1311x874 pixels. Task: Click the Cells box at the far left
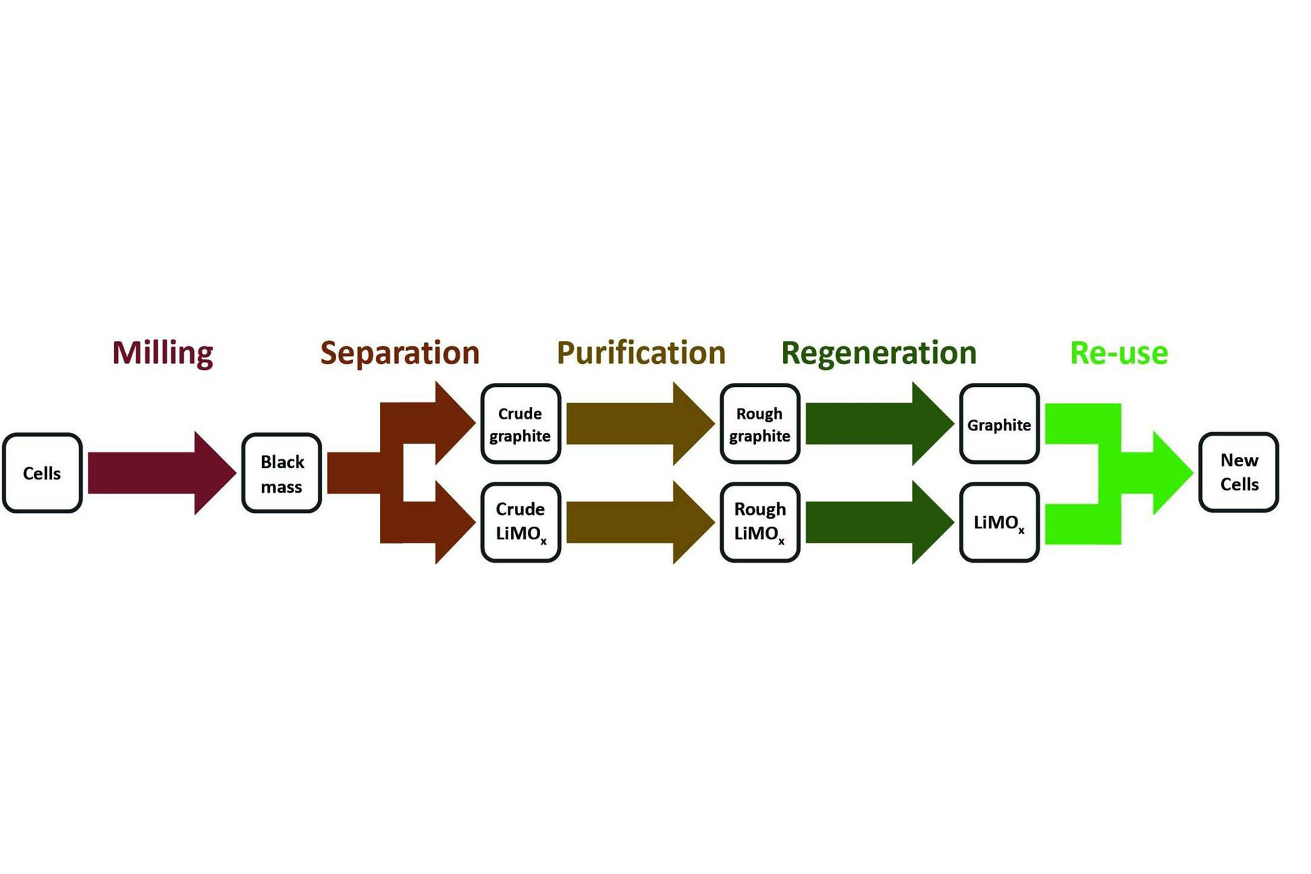(x=42, y=473)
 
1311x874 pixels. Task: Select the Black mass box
(x=281, y=473)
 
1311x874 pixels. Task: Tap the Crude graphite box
(x=520, y=424)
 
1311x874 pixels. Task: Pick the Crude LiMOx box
(x=520, y=522)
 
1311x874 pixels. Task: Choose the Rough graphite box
(x=760, y=424)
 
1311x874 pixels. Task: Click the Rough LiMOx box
(x=760, y=522)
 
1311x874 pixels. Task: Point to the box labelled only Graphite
(x=999, y=424)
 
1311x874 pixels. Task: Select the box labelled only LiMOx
(x=999, y=522)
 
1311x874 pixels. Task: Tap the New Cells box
(x=1239, y=472)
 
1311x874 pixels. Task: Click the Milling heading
(x=163, y=353)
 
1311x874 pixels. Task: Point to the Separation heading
(x=400, y=353)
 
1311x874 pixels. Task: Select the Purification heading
(x=641, y=353)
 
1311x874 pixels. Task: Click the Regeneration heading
(x=879, y=353)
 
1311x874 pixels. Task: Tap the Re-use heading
(x=1119, y=353)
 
